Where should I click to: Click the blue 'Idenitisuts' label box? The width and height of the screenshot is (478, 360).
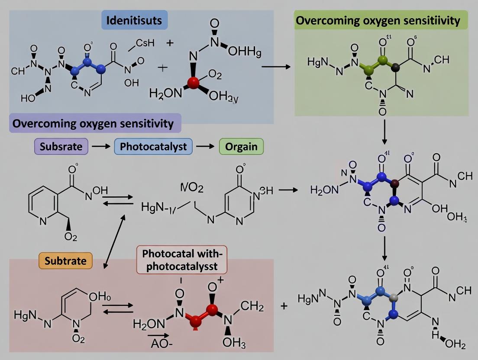click(135, 20)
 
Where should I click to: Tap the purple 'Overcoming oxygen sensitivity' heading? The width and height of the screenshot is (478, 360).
click(94, 124)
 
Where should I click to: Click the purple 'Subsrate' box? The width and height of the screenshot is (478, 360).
click(61, 146)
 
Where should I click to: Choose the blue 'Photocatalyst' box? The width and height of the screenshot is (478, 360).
click(153, 146)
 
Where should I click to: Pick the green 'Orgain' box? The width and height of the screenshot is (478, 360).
click(241, 146)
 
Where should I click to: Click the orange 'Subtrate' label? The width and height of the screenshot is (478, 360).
click(66, 260)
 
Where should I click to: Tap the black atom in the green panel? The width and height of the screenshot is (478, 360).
click(395, 67)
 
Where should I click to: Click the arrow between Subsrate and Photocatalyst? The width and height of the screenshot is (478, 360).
click(101, 147)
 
